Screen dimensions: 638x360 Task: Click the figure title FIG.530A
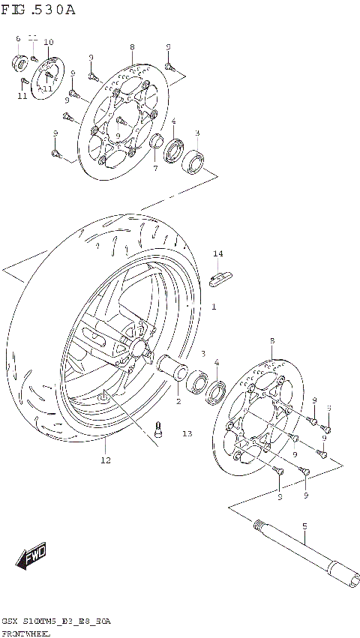pyautogui.click(x=38, y=10)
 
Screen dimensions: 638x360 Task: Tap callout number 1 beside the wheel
pyautogui.click(x=213, y=307)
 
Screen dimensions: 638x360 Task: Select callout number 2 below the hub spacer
pyautogui.click(x=178, y=402)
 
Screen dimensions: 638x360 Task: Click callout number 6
pyautogui.click(x=18, y=38)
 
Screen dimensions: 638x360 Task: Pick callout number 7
pyautogui.click(x=155, y=169)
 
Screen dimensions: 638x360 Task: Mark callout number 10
pyautogui.click(x=49, y=42)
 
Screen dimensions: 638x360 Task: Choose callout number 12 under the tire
pyautogui.click(x=106, y=460)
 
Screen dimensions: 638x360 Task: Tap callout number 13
pyautogui.click(x=187, y=433)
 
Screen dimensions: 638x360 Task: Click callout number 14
pyautogui.click(x=217, y=254)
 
